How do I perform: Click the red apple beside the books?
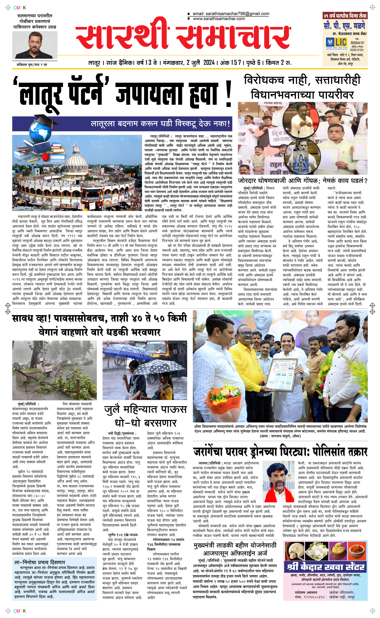pos(45,157)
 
